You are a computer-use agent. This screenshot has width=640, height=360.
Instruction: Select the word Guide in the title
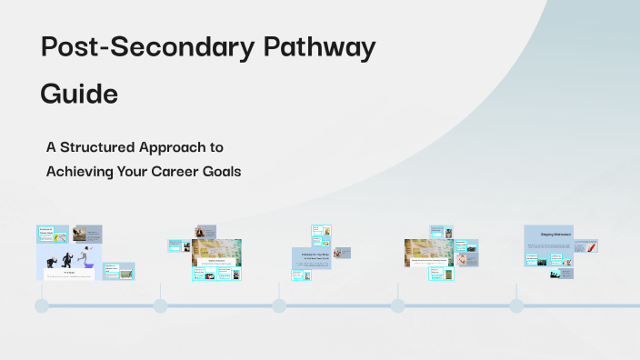click(79, 94)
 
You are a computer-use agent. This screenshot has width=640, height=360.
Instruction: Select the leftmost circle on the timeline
click(42, 305)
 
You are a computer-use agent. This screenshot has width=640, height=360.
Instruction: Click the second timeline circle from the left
click(160, 305)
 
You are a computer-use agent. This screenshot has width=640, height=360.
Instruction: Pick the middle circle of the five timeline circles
click(279, 305)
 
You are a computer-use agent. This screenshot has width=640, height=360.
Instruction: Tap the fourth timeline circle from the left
click(397, 305)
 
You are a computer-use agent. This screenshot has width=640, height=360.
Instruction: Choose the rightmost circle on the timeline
click(516, 305)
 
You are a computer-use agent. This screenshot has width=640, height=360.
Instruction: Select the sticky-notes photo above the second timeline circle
click(216, 249)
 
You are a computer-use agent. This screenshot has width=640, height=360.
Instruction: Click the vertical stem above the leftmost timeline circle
click(42, 289)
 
